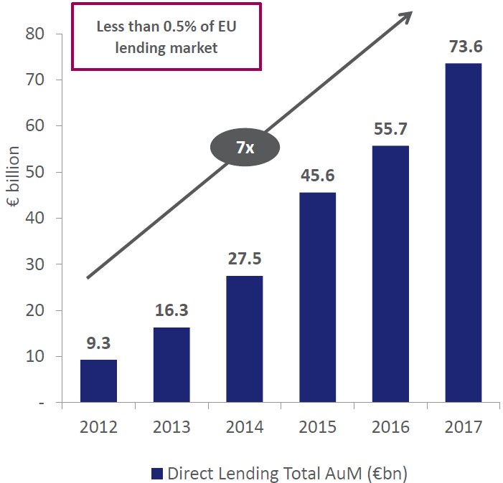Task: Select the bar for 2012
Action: coord(98,381)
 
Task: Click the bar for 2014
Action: coord(244,338)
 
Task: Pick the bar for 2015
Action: coord(317,297)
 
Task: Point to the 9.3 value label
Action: coord(98,344)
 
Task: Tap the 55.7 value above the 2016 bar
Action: coord(390,130)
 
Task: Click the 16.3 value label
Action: coord(171,312)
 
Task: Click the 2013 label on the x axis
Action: coord(171,428)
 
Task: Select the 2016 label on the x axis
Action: coord(390,428)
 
